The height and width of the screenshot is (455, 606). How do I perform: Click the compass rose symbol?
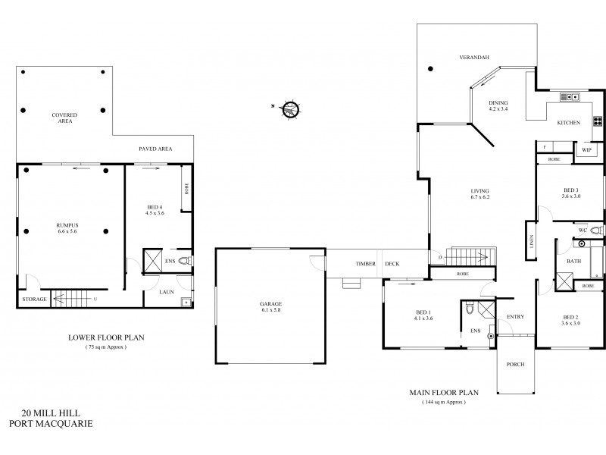click(290, 110)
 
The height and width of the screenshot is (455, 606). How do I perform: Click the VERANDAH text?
click(472, 57)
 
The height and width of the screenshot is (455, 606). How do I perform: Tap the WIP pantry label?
click(586, 151)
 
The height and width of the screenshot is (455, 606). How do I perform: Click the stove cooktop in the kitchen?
click(597, 121)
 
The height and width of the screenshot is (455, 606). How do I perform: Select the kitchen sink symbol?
click(569, 97)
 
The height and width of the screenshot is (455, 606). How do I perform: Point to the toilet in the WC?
click(595, 229)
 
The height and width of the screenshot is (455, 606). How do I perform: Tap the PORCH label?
click(516, 364)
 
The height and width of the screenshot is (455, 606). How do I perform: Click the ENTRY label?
click(515, 317)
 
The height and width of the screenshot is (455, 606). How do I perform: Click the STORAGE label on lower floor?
click(35, 300)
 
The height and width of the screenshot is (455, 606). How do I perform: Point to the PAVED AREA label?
click(155, 149)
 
